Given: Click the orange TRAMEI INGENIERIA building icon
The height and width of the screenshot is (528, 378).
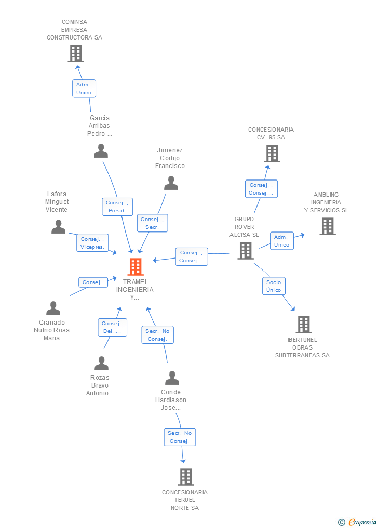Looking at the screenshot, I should [x=136, y=267].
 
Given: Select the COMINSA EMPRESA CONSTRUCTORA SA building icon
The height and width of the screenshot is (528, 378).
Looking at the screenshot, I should [x=76, y=54].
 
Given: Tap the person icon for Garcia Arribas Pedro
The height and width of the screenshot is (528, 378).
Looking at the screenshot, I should [x=101, y=151].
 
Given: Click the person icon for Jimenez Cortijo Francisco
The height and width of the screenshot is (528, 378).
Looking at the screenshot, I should [x=171, y=183].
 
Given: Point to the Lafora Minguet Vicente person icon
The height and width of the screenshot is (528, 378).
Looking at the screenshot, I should [x=58, y=227].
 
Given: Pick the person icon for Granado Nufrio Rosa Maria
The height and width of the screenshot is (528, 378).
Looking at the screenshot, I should [x=53, y=308].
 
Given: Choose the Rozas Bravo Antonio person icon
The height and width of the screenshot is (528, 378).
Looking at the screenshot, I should [x=101, y=364].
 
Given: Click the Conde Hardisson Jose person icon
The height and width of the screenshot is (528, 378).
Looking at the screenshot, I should [x=171, y=378].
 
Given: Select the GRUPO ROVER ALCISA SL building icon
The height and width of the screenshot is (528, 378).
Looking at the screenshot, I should [x=245, y=251].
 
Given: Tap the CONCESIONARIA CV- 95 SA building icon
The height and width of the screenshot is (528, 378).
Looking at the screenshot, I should [x=272, y=153].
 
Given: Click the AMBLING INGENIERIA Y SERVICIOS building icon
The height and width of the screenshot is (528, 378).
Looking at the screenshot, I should [x=327, y=226].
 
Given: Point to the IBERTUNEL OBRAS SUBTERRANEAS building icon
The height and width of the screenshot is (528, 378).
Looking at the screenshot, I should [x=304, y=325].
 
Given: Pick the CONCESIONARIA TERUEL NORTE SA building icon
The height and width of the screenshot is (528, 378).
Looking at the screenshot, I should [x=185, y=477].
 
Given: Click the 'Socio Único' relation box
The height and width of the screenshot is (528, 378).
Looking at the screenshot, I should [x=274, y=286].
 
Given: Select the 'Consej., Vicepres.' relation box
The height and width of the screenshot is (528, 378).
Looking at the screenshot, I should [x=93, y=243].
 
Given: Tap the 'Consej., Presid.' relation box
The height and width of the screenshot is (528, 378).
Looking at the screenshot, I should [x=117, y=207].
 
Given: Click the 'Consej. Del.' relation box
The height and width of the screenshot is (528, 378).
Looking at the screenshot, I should [x=112, y=327].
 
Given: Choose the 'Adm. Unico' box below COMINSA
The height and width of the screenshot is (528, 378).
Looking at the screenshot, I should [x=84, y=88].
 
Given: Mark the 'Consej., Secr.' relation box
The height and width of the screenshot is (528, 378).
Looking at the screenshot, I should [x=153, y=223].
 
